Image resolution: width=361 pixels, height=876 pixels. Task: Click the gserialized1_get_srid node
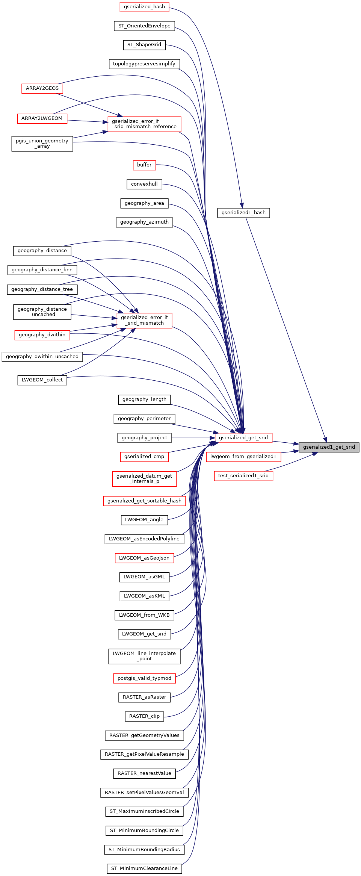coord(329,447)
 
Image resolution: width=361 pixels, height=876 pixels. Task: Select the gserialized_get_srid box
coord(243,438)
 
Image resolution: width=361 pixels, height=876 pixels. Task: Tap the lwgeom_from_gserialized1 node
coord(243,457)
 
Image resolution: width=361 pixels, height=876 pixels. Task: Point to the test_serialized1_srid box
coord(243,476)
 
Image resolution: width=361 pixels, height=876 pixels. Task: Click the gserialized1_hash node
coord(243,213)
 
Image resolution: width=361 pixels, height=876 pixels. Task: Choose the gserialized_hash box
coord(144,7)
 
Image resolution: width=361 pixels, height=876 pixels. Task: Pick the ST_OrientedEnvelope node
coord(144,26)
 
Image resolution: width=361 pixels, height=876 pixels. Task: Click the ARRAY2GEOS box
coord(42,88)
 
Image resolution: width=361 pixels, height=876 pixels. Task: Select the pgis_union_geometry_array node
coord(42,144)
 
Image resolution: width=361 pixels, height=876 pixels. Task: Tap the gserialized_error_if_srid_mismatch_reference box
coord(144,124)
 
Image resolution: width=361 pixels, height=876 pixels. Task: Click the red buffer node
coord(144,165)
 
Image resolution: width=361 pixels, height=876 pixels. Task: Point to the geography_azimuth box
coord(144,222)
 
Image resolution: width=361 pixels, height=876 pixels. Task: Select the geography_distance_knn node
coord(42,270)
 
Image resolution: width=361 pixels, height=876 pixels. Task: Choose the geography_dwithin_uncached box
coord(42,357)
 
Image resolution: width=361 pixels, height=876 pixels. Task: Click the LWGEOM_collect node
coord(42,380)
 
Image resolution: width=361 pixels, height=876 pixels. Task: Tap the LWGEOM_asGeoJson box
coord(144,558)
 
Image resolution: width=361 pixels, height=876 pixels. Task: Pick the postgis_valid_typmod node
coord(144,678)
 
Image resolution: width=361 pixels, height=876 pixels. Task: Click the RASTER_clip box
coord(144,716)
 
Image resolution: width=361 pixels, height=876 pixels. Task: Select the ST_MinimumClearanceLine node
coord(144,868)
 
